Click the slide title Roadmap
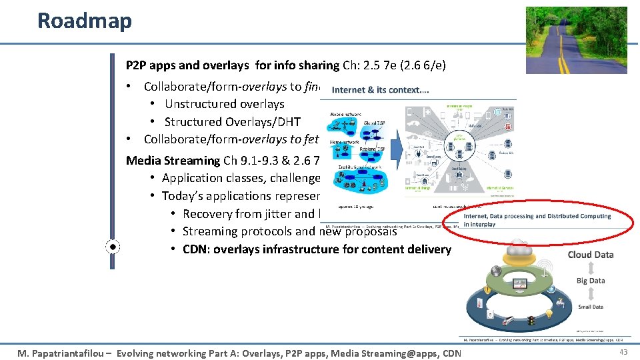(x=85, y=21)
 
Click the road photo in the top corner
(x=576, y=40)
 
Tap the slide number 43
(x=623, y=352)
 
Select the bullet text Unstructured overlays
(x=224, y=104)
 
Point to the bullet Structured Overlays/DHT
(x=232, y=122)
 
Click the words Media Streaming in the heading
(x=173, y=160)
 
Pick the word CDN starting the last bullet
(x=195, y=249)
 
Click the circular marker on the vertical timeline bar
(x=113, y=247)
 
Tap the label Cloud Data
(x=591, y=255)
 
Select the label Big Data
(x=591, y=281)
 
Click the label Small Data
(x=591, y=307)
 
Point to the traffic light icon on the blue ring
(x=531, y=322)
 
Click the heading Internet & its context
(x=380, y=89)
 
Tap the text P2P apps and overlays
(x=197, y=65)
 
